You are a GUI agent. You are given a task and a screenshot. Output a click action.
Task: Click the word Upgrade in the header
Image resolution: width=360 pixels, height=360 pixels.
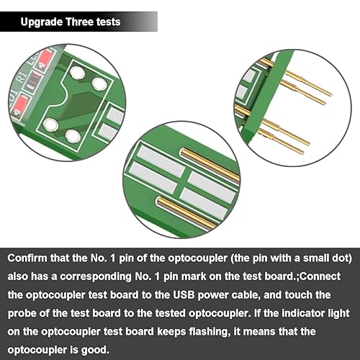(42, 22)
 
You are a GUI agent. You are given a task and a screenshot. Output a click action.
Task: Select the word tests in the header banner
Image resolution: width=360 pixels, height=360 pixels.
(109, 22)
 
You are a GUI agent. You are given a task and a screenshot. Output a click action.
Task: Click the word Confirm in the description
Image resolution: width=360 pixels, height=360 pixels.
(27, 258)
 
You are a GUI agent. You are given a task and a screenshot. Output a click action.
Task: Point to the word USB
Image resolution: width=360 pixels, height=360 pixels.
(184, 295)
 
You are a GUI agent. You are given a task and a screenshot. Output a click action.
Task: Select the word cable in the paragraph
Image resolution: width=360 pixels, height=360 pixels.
(246, 295)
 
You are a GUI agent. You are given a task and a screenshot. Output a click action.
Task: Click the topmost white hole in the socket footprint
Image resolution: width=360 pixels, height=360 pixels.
(77, 73)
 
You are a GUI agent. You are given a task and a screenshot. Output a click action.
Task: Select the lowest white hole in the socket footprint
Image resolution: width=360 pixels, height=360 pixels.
(73, 136)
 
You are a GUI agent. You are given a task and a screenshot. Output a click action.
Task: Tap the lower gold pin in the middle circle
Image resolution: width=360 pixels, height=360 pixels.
(186, 212)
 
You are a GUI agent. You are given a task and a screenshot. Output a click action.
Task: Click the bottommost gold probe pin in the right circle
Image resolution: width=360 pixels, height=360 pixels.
(282, 141)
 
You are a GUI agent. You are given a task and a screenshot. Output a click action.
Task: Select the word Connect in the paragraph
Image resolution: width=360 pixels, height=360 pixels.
(320, 276)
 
